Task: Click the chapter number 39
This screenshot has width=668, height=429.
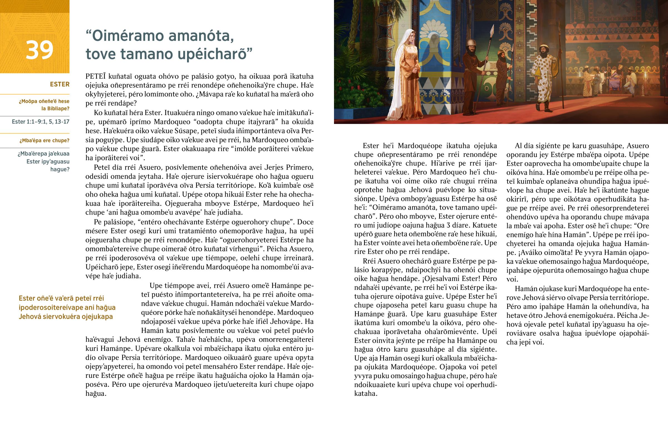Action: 39,50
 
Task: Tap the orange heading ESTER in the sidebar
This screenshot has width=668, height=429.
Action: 59,84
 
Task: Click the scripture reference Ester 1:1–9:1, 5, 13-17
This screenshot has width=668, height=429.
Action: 40,122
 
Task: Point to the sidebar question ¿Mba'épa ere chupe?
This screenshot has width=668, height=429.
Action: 44,140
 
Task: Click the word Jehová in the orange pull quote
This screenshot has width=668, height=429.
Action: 30,317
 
